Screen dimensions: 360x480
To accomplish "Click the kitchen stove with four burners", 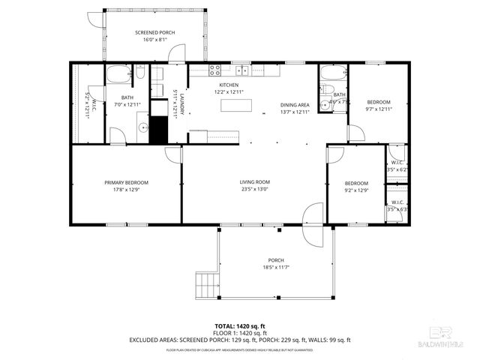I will point(215,71).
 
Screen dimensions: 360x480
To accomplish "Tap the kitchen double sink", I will point(242,71).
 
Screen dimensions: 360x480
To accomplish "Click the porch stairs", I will point(205,284).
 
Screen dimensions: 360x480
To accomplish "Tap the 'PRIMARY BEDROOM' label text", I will point(126,183).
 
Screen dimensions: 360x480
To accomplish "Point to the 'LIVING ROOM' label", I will point(254,182).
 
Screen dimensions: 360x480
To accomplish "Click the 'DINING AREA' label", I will point(294,105).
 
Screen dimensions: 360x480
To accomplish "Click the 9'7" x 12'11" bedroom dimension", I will point(379,109).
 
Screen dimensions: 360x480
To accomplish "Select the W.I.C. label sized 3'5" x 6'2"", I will point(397,166).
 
